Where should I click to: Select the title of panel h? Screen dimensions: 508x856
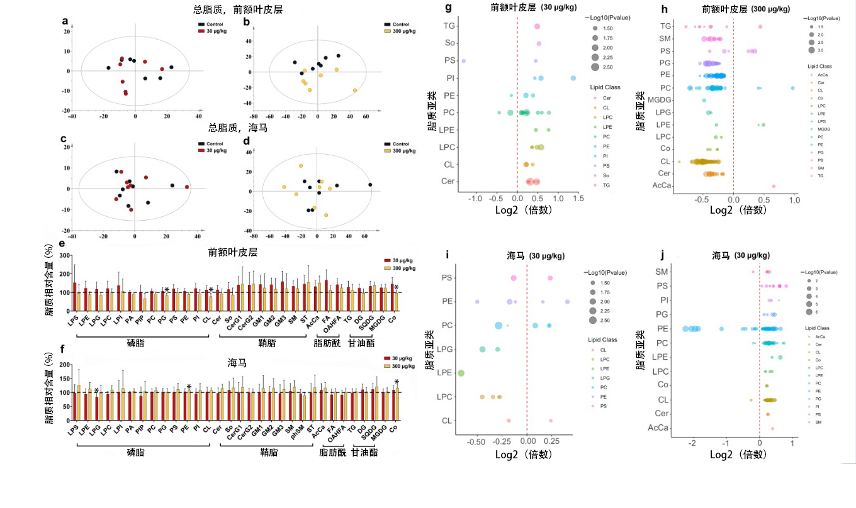coord(751,8)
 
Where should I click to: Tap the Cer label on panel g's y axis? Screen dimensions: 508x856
coord(448,182)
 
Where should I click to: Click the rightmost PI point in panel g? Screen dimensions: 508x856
coord(573,78)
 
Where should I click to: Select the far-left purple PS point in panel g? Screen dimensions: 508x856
coord(464,61)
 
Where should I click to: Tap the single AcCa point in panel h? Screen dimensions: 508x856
coord(774,186)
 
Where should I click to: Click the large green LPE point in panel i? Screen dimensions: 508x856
coord(461,373)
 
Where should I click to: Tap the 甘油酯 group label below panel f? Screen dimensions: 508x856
coord(364,452)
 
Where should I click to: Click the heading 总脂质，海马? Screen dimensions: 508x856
coord(236,128)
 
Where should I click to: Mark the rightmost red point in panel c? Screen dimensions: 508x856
coord(187,187)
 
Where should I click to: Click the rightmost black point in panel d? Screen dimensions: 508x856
coord(370,185)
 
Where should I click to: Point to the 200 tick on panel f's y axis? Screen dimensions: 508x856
coord(63,365)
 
